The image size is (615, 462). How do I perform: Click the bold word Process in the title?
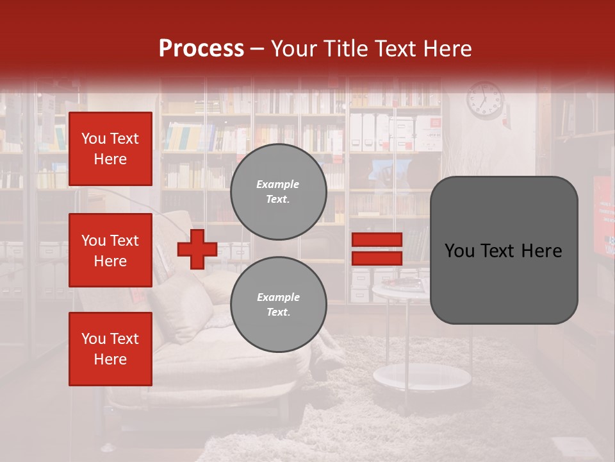(x=201, y=49)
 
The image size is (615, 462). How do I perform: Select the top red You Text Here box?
(x=110, y=149)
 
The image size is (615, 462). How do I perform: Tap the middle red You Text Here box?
(x=110, y=250)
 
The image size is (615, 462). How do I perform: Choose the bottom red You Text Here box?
(x=110, y=349)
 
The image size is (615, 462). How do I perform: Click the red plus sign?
(x=197, y=250)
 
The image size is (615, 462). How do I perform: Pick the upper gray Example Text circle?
(x=278, y=192)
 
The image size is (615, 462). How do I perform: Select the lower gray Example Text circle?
(x=278, y=305)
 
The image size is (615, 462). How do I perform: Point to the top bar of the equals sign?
(x=377, y=239)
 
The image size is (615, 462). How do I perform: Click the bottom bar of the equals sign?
(x=377, y=258)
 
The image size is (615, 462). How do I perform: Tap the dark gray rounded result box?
(x=504, y=250)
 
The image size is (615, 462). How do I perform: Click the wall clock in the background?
(x=485, y=100)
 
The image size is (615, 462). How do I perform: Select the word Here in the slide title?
(x=447, y=49)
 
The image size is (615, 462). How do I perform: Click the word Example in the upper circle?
(x=278, y=184)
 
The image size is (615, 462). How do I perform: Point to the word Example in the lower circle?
(x=278, y=297)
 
